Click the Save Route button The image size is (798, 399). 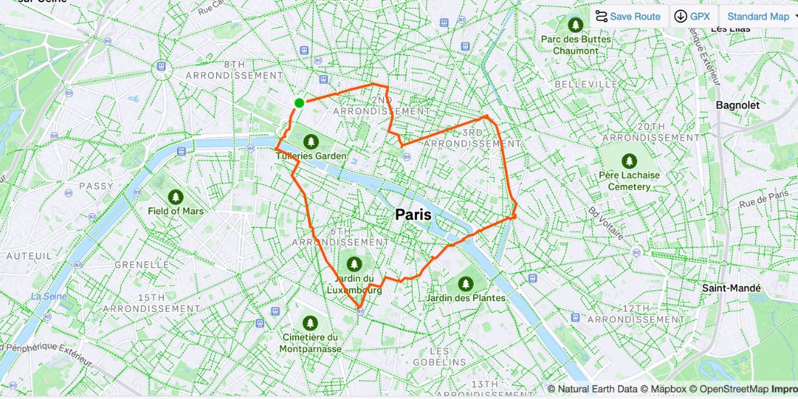coord(628,16)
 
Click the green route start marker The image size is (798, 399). coord(299,103)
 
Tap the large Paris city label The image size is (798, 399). coord(413,215)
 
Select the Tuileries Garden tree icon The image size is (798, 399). coord(311,141)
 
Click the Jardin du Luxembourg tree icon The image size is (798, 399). coord(354,263)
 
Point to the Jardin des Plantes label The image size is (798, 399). coord(466,298)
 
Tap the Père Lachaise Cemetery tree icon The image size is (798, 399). coord(628,160)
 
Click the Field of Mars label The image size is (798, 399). coord(176,211)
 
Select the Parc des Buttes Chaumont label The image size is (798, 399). coord(576,45)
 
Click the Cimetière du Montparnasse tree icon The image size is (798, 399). coord(310,322)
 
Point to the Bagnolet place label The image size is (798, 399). coord(737,105)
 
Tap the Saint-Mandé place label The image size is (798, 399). coord(731,288)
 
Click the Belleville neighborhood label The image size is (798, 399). coord(585,85)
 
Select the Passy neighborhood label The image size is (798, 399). coord(96,186)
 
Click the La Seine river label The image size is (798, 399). coord(49,296)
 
